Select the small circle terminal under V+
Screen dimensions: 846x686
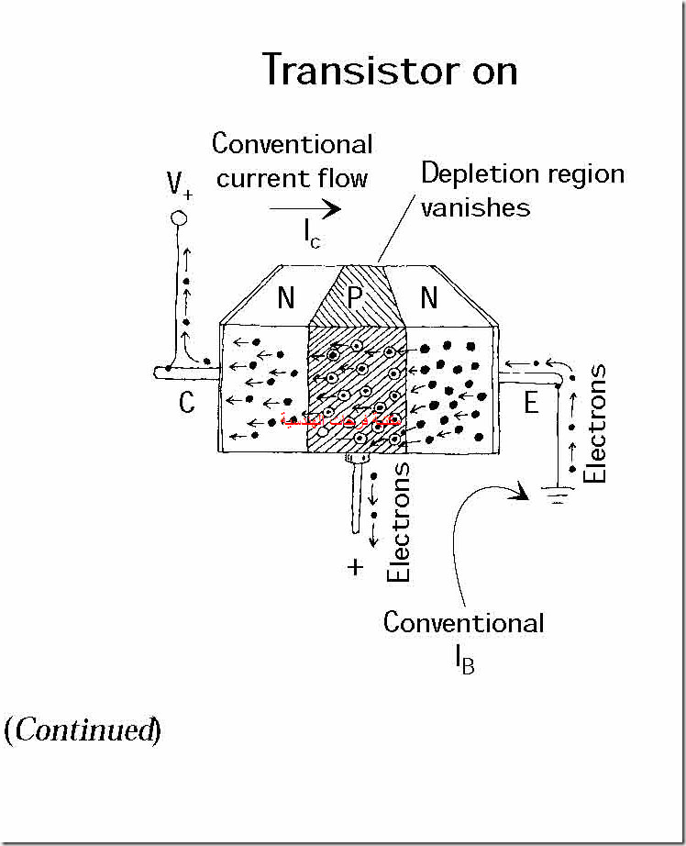(179, 218)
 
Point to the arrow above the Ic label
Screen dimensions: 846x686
(304, 209)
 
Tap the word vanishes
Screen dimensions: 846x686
(475, 206)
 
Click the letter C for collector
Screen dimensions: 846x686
(186, 402)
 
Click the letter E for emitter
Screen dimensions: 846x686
(531, 402)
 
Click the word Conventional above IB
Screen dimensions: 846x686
(463, 622)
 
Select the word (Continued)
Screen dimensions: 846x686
(83, 730)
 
